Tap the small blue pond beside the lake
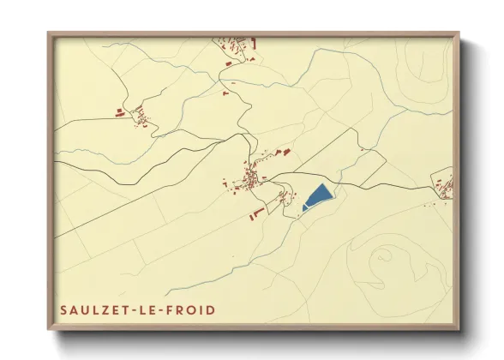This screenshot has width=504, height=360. (x=305, y=207)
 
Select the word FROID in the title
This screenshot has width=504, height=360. (x=189, y=309)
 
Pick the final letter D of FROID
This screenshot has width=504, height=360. (x=211, y=309)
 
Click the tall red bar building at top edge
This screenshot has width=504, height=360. (x=255, y=41)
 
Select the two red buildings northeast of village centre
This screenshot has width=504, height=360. (x=282, y=153)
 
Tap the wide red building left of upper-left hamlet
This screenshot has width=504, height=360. (x=121, y=111)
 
